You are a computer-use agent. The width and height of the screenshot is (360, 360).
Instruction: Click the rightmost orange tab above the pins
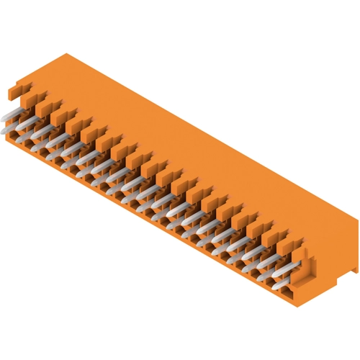pos(283,239)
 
